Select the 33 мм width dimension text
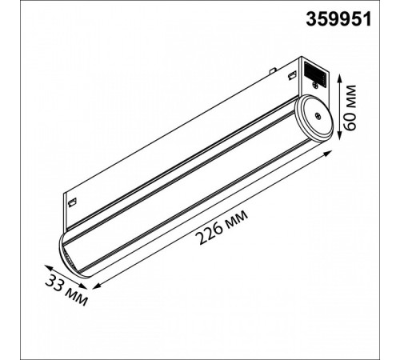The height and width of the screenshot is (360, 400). (x=66, y=287)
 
